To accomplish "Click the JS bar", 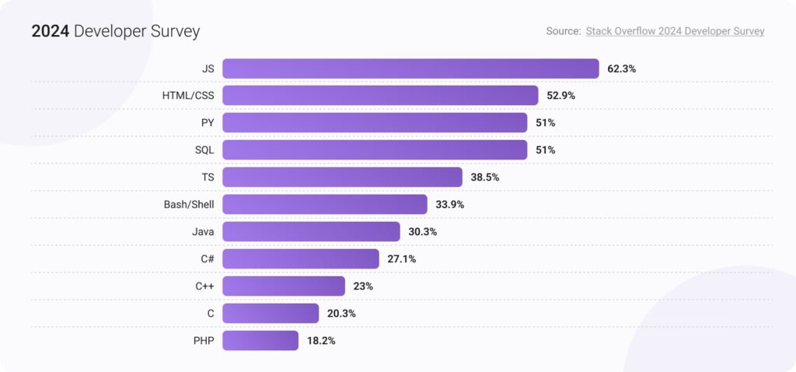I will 410,68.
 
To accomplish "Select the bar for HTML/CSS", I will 380,96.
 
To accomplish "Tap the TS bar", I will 342,177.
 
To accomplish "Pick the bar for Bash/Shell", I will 325,205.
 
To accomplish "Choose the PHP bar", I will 260,340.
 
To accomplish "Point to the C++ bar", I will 284,286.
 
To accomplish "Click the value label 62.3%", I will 622,68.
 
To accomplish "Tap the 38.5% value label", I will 485,177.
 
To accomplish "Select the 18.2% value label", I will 321,340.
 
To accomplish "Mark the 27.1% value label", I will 401,259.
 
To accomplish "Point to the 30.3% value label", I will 422,232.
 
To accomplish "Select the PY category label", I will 208,123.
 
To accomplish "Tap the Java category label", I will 203,232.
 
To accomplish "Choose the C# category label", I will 206,259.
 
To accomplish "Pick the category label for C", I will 211,313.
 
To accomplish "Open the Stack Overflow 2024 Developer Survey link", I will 675,31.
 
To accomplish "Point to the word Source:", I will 564,31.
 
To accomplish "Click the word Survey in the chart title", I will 176,32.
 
